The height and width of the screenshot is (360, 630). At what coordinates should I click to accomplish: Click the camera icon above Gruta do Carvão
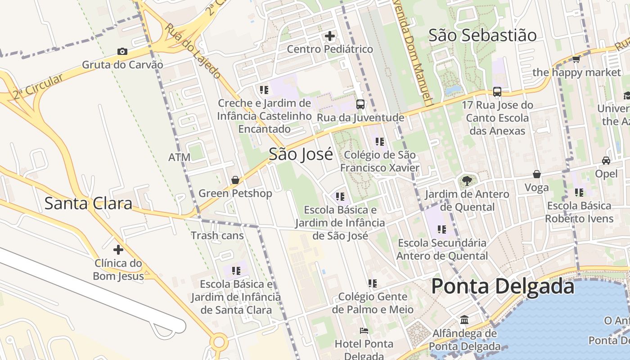click(122, 52)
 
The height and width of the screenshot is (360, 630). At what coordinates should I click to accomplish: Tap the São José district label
click(301, 154)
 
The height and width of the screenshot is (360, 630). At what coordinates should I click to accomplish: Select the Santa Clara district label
click(88, 203)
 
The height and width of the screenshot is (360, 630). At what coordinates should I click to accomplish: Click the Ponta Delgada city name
click(503, 287)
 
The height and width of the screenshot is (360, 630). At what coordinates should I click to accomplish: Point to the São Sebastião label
click(482, 35)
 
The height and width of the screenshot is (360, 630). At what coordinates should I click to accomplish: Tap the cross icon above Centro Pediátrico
click(330, 36)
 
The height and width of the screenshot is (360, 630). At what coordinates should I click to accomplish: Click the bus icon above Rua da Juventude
click(360, 104)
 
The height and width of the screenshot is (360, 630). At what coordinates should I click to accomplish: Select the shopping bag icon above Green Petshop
click(235, 180)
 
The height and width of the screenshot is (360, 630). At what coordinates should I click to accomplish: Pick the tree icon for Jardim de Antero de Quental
click(467, 181)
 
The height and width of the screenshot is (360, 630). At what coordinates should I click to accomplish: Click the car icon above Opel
click(606, 161)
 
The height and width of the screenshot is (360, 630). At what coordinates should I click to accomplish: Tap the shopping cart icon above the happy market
click(576, 59)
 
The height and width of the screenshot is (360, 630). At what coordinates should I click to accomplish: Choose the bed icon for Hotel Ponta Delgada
click(364, 331)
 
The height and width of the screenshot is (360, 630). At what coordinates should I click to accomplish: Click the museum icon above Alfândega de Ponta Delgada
click(464, 320)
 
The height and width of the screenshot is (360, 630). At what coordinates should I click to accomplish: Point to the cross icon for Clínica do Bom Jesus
click(118, 249)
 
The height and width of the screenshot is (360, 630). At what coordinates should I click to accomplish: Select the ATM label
click(179, 157)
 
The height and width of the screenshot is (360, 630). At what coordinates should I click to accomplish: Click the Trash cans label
click(217, 235)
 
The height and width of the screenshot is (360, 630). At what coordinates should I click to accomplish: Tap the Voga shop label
click(536, 188)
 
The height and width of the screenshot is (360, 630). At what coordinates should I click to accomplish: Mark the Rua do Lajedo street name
click(193, 50)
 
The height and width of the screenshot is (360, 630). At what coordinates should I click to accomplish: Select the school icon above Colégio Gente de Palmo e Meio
click(372, 283)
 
